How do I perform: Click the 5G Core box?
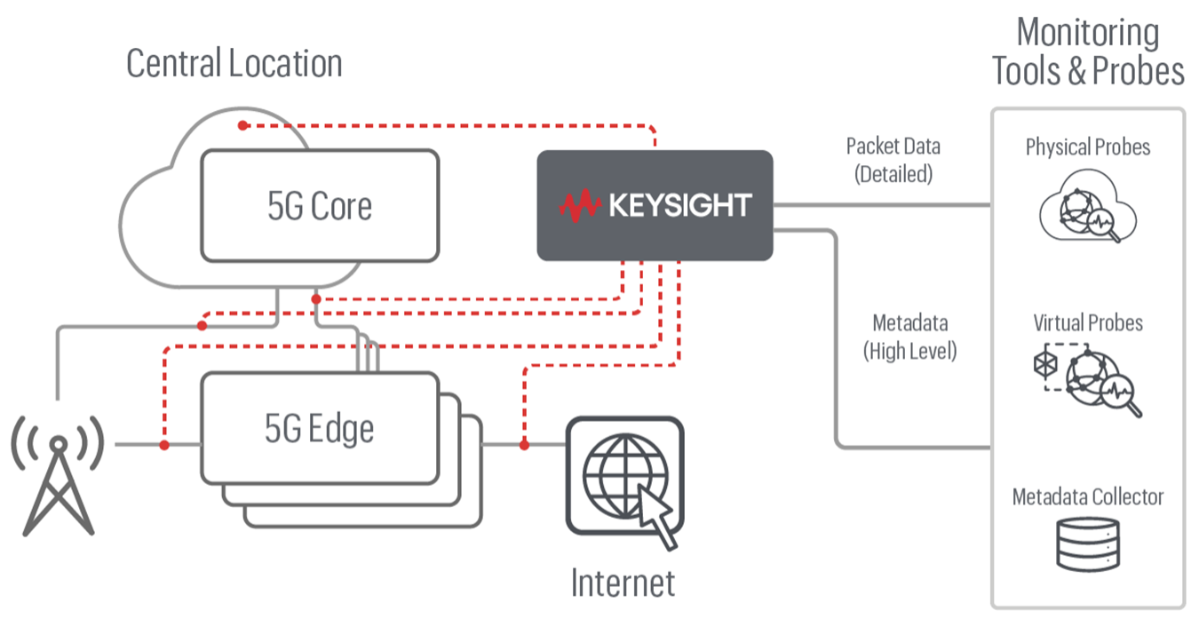[320, 206]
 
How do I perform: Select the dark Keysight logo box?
[655, 205]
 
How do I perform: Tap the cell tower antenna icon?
[58, 475]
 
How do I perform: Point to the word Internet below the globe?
[623, 583]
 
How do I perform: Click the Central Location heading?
[234, 64]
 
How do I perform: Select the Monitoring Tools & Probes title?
[1088, 52]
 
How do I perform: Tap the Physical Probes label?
[1088, 147]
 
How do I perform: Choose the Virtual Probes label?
[1088, 321]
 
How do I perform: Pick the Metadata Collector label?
[1088, 496]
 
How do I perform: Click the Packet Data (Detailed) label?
[893, 160]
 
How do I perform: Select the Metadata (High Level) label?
[909, 337]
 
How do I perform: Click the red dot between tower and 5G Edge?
[163, 443]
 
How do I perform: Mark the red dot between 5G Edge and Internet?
[524, 443]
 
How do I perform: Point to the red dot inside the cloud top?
[243, 125]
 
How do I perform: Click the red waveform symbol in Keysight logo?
[580, 205]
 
